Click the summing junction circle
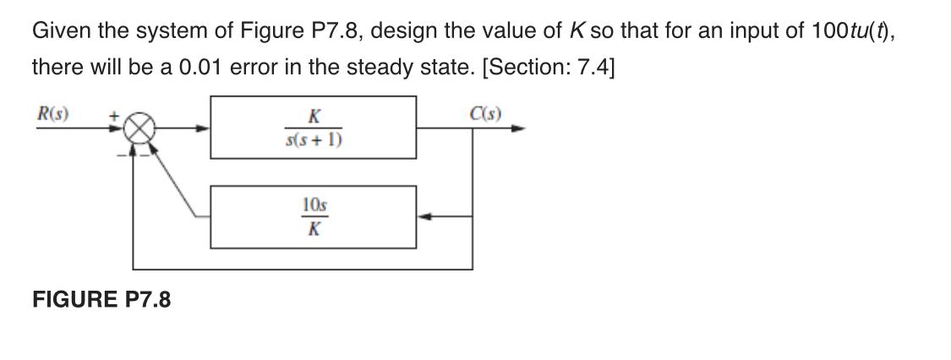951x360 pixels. coord(134,129)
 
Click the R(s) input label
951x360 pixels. coord(53,112)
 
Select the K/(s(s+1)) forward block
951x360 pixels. coord(313,128)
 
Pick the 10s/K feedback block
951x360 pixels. coord(313,217)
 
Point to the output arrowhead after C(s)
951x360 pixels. coord(519,129)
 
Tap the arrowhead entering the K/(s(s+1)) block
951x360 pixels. coord(203,129)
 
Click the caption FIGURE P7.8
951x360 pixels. coord(101,299)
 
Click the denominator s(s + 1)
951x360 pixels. coord(314,139)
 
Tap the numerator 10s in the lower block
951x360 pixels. coord(314,205)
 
